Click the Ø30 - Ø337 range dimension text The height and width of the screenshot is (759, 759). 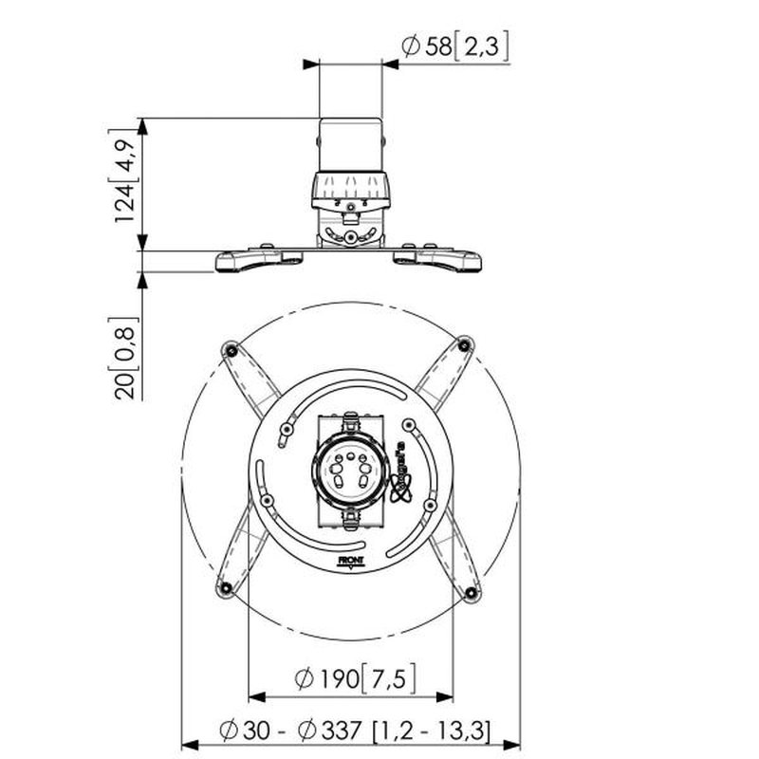click(x=354, y=731)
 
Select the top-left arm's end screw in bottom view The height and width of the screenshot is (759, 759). click(x=229, y=351)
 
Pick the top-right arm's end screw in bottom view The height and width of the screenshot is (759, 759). click(x=464, y=343)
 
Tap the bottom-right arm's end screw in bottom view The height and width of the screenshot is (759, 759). click(x=472, y=593)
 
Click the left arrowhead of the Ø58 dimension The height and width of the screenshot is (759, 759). click(x=310, y=64)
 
